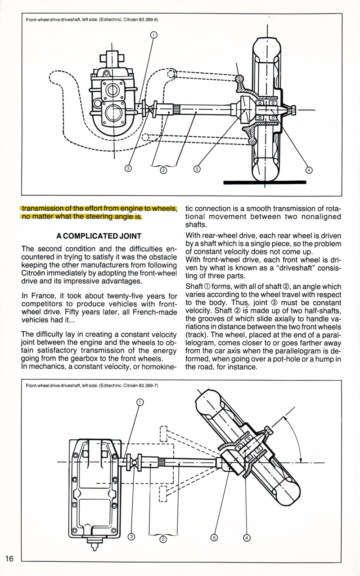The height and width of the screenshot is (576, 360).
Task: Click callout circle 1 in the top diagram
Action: click(153, 35)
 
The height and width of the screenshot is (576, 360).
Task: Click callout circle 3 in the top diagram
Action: click(128, 169)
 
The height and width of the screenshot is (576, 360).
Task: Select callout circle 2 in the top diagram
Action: click(163, 170)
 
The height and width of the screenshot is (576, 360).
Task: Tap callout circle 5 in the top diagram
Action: click(197, 169)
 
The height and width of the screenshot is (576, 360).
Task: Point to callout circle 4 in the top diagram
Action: click(309, 170)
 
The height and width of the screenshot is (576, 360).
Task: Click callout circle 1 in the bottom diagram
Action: click(140, 402)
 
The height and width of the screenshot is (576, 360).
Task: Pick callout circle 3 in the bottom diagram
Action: click(131, 536)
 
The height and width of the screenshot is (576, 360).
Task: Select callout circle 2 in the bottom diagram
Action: click(163, 539)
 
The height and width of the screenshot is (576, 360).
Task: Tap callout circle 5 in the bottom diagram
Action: click(214, 537)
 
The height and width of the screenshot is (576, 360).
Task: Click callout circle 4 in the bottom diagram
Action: click(247, 538)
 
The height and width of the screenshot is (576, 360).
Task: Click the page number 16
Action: click(9, 558)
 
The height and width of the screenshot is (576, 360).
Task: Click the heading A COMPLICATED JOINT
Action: click(99, 236)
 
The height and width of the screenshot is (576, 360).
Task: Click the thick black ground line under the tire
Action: click(265, 183)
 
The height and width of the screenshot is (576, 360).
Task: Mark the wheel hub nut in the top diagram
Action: click(293, 110)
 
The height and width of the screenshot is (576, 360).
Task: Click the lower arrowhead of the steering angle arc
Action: click(301, 460)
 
